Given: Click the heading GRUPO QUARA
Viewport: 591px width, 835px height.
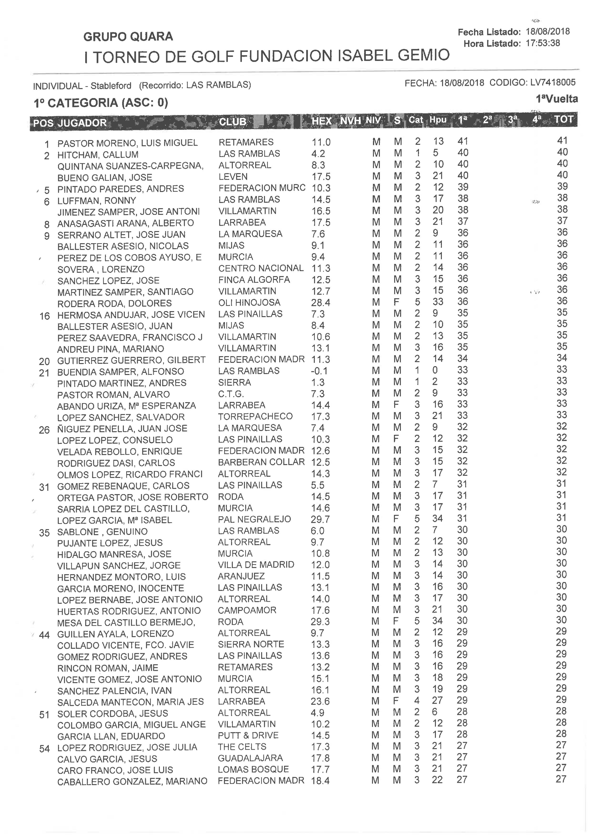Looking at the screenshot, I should pos(128,36).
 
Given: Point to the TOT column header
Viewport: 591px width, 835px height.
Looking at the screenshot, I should pos(563,120).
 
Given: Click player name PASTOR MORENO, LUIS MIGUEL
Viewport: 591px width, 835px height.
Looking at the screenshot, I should pos(127,143).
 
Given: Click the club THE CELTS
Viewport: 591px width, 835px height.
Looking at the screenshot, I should pos(242,747).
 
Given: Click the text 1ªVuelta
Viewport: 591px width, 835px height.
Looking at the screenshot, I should pos(556,99).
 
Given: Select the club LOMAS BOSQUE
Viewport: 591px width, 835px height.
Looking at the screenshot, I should pos(253,769).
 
